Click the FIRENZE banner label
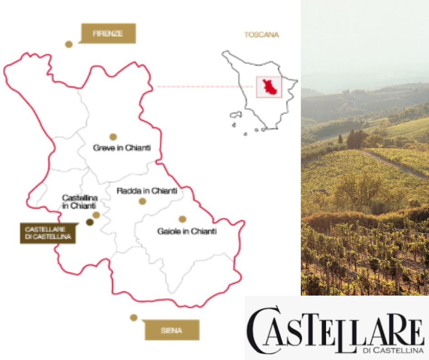[108, 33]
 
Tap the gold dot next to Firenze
[69, 44]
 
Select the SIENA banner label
[172, 330]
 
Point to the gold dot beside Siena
[134, 318]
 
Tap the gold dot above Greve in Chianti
[113, 137]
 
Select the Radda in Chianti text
[146, 191]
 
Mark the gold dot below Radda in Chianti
[142, 201]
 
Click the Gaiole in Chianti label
[187, 231]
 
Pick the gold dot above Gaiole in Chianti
[182, 219]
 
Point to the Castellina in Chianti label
[80, 201]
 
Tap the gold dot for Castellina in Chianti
[96, 215]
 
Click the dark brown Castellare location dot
[89, 222]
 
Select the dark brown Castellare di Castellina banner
[47, 233]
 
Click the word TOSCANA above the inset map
[262, 35]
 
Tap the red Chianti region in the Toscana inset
[268, 87]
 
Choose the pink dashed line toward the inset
[205, 86]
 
